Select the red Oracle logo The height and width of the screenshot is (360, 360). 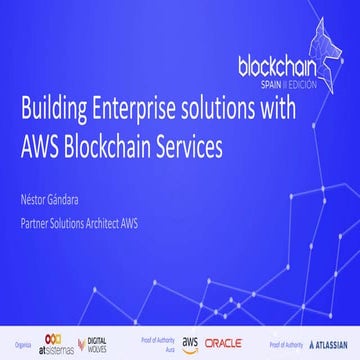pos(222,343)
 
